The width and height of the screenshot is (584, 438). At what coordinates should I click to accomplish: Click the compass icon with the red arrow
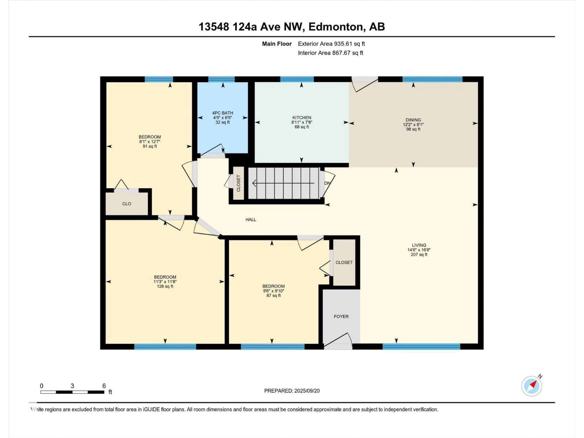tap(532, 386)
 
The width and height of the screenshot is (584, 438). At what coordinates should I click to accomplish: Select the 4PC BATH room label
tap(222, 113)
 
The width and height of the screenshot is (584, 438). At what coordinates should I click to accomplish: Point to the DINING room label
tap(413, 120)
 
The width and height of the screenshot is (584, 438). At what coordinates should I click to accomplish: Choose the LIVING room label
tap(419, 245)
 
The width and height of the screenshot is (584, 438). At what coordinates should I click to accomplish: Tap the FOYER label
tap(341, 316)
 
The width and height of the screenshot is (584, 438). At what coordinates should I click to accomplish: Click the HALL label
tap(250, 219)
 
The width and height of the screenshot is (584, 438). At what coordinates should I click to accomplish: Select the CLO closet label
tap(127, 203)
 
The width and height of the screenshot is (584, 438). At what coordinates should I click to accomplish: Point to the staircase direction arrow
tap(283, 183)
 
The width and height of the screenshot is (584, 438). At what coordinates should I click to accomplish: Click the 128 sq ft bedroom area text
tap(165, 286)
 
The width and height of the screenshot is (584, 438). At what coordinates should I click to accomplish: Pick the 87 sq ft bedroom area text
tap(273, 295)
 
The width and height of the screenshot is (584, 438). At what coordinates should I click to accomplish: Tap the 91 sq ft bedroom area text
tap(150, 146)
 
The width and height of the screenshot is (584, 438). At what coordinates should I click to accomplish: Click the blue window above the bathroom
tap(221, 79)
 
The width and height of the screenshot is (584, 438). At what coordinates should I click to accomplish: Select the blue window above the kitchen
tap(297, 79)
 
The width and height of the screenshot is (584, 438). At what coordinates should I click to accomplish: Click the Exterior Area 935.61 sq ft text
tap(331, 44)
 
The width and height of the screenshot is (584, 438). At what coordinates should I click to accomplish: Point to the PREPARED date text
tap(292, 391)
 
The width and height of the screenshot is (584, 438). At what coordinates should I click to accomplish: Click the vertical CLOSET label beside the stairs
tap(238, 183)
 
